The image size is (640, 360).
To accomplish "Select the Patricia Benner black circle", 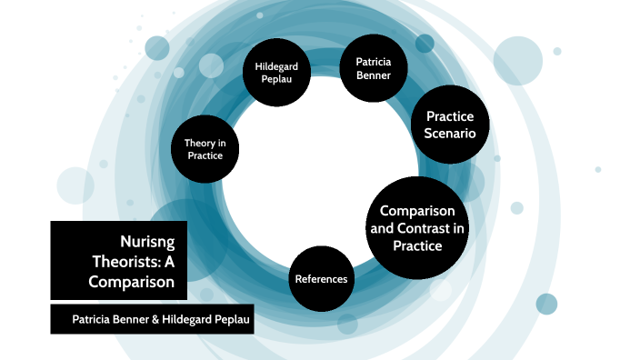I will coord(365,68).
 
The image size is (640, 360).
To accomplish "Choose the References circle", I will coord(321,278).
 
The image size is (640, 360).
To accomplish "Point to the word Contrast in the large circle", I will coord(433,227).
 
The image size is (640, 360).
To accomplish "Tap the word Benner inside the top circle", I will coord(365,75).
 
